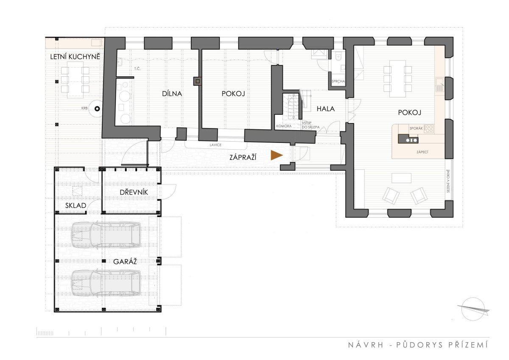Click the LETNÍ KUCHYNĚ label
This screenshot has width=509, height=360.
pyautogui.click(x=75, y=56)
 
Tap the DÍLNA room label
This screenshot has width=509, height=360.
pyautogui.click(x=172, y=94)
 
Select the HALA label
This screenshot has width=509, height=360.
pyautogui.click(x=326, y=109)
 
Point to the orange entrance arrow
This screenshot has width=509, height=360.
pyautogui.click(x=277, y=155)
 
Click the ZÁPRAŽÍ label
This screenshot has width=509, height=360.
pyautogui.click(x=243, y=157)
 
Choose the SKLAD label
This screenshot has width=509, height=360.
pyautogui.click(x=76, y=206)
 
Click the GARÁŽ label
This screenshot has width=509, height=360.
pyautogui.click(x=125, y=262)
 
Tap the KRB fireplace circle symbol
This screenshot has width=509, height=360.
pyautogui.click(x=97, y=109)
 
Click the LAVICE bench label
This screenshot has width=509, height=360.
pyautogui.click(x=215, y=145)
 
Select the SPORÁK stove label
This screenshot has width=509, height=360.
pyautogui.click(x=416, y=128)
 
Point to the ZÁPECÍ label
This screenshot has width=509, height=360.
pyautogui.click(x=422, y=152)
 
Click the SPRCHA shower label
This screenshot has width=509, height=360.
pyautogui.click(x=338, y=81)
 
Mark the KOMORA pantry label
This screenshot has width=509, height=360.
pyautogui.click(x=284, y=126)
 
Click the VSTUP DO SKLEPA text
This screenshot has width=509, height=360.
pyautogui.click(x=310, y=125)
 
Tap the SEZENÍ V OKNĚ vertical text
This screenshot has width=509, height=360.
pyautogui.click(x=448, y=181)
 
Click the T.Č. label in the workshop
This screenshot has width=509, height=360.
pyautogui.click(x=137, y=69)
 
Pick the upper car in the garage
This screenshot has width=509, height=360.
pyautogui.click(x=106, y=235)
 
